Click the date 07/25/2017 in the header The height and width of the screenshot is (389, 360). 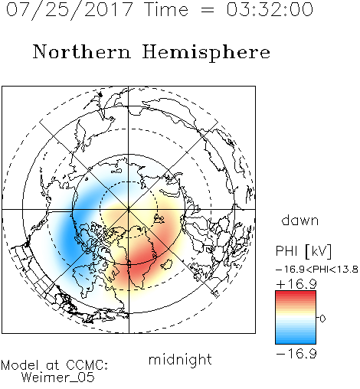(69, 9)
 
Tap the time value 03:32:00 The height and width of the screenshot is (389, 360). (270, 9)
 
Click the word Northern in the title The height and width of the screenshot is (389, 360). (82, 52)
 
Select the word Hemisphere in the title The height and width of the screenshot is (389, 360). (206, 53)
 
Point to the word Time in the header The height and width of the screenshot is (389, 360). (166, 9)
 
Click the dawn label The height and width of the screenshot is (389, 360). (300, 220)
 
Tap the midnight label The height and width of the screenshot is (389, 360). (180, 359)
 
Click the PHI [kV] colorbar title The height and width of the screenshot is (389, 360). (303, 251)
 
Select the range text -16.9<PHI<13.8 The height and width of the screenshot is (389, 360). (317, 270)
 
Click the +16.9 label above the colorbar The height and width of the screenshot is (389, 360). (296, 284)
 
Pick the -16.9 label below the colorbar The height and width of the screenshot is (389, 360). (296, 354)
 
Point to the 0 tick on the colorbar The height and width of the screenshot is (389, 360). (322, 319)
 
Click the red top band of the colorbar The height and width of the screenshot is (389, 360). (296, 294)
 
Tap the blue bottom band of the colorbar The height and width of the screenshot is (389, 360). (296, 341)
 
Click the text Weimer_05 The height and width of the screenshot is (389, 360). (58, 378)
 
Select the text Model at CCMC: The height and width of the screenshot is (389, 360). (54, 364)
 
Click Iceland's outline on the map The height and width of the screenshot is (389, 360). (167, 265)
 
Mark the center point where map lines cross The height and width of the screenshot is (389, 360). (129, 210)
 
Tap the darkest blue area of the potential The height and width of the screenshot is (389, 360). (68, 237)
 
